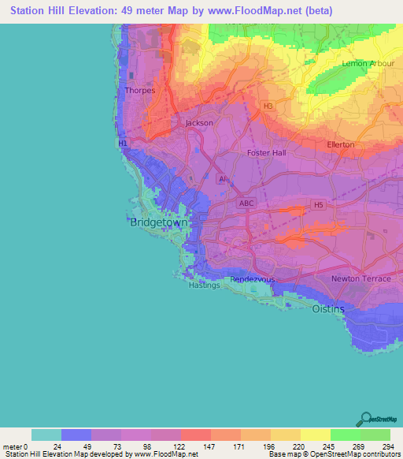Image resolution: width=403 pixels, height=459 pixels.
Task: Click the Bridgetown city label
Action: click(158, 223)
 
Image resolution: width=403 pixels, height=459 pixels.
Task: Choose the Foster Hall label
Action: click(267, 153)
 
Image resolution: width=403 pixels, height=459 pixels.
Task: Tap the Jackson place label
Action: click(199, 123)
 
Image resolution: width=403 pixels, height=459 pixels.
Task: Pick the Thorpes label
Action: click(140, 91)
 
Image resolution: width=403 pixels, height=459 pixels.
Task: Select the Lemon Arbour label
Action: click(363, 63)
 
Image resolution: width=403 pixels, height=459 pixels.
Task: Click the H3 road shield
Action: click(268, 105)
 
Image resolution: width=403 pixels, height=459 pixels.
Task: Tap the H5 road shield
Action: click(318, 205)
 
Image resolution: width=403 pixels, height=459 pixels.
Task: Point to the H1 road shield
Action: click(123, 144)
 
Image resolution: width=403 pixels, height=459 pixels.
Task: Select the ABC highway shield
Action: click(246, 203)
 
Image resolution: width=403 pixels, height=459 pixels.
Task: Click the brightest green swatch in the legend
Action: click(346, 435)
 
